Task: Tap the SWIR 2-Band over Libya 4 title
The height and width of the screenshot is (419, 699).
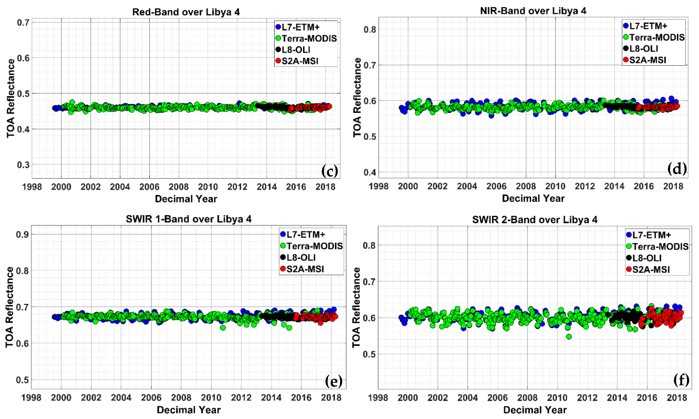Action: [535, 220]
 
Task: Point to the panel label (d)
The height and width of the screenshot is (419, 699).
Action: [677, 169]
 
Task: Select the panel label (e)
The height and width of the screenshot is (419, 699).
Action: [334, 381]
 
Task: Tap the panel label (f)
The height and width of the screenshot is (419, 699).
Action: [681, 380]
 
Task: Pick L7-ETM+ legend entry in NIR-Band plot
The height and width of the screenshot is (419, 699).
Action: [648, 26]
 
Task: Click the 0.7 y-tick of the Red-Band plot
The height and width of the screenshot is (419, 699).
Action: [23, 22]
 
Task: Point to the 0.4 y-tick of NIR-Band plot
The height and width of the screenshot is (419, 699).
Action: [370, 172]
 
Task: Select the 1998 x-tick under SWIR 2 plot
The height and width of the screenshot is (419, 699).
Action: [378, 398]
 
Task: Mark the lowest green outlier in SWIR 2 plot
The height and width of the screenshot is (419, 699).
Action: [569, 336]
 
